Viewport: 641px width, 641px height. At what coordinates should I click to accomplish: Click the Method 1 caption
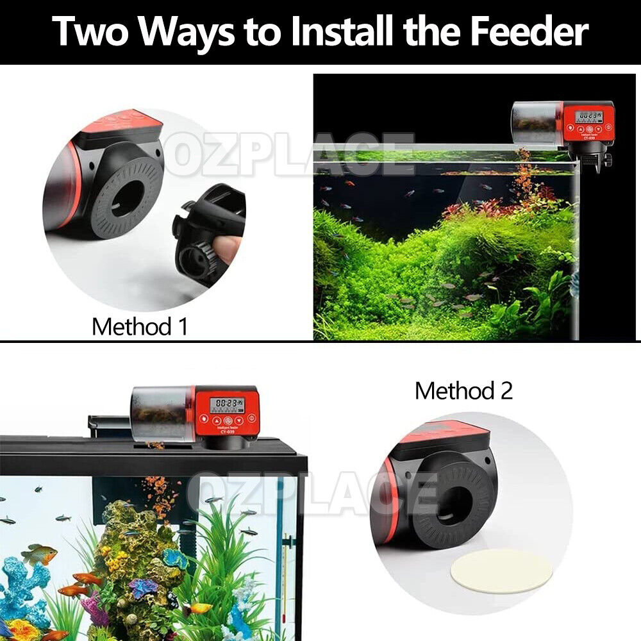pos(140,326)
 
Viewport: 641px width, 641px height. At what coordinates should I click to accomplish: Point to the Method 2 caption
pos(463,390)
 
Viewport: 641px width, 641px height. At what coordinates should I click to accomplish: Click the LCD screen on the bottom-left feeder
pos(229,404)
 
